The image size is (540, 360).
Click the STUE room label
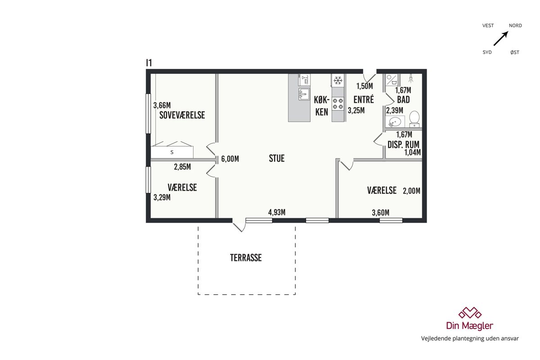coord(276,158)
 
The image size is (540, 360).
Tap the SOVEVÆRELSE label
coord(182,115)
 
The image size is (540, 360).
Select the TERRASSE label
coord(246,258)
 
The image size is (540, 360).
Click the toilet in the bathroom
coord(414,119)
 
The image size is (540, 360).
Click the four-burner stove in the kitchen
coord(338,103)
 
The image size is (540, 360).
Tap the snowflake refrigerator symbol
coord(338,80)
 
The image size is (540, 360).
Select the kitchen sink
coord(304,94)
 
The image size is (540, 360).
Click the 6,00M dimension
coord(230,159)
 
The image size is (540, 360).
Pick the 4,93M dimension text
coord(277,212)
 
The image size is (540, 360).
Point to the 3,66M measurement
coord(162,105)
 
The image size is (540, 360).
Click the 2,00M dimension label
coord(411,191)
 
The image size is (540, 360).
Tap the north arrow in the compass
coord(501,38)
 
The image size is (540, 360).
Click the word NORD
coord(515,26)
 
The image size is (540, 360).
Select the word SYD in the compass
coord(487,52)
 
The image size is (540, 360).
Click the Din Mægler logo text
coord(470,326)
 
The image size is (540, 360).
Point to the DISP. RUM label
coord(403,144)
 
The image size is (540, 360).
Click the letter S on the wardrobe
coord(172,152)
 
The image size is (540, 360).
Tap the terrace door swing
coord(239,225)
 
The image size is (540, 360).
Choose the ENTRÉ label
coord(364,99)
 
